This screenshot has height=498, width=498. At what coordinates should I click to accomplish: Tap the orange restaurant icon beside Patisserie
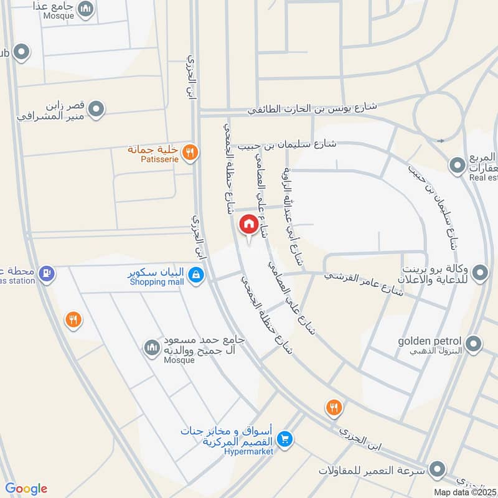pos(191,152)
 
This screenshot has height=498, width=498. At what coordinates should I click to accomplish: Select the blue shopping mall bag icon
pos(196,274)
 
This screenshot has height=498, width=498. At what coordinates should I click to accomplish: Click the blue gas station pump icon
pos(45,273)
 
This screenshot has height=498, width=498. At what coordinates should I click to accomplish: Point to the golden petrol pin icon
pos(474,344)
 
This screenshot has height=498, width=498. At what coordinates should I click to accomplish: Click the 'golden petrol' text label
pos(431,341)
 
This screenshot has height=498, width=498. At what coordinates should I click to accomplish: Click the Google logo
pos(26,489)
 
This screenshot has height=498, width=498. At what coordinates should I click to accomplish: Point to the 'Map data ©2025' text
pos(464,492)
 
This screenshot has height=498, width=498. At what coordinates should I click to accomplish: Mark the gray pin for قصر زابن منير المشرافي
pos(96,111)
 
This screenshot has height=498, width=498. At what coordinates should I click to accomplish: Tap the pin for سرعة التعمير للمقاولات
pos(438,469)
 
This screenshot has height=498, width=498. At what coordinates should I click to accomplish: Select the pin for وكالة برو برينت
pos(480,273)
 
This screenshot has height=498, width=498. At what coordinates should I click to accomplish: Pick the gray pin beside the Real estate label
pos(458,165)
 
